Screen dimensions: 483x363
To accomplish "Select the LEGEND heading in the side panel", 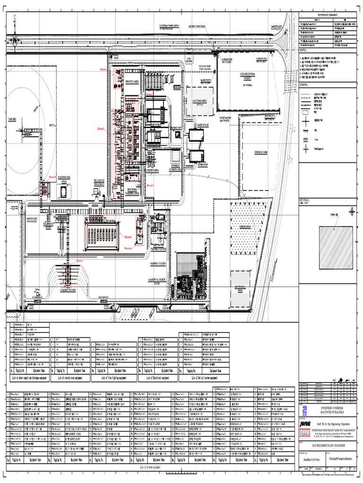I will [307, 84].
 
